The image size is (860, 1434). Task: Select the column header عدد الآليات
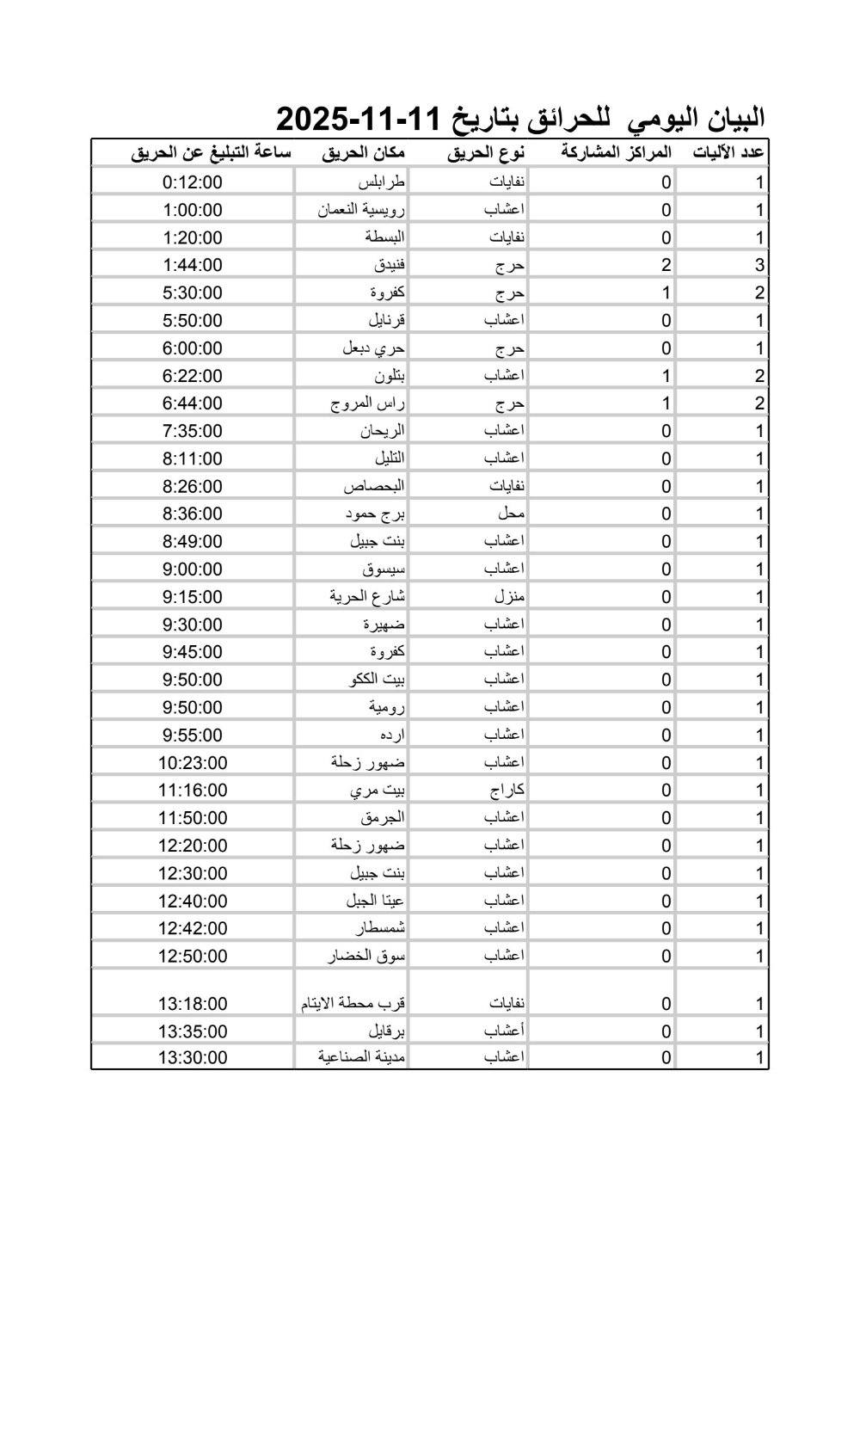[728, 153]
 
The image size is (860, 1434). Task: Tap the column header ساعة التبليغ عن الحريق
[211, 153]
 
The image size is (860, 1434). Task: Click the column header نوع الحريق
[486, 153]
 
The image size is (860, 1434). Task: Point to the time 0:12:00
[193, 182]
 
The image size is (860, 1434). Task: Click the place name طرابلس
[381, 182]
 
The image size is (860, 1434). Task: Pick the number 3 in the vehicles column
[759, 265]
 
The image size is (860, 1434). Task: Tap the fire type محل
[511, 514]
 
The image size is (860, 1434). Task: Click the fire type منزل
[509, 596]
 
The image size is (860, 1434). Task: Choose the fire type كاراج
[507, 790]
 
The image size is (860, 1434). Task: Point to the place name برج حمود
[375, 514]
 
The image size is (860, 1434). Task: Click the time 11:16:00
[193, 790]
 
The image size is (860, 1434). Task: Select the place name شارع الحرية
[367, 596]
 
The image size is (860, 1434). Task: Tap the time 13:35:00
[193, 1031]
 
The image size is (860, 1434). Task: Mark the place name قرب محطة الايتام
[353, 1003]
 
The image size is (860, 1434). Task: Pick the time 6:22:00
[193, 376]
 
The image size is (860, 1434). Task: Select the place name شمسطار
[380, 928]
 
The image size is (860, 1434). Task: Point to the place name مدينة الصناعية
[361, 1056]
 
